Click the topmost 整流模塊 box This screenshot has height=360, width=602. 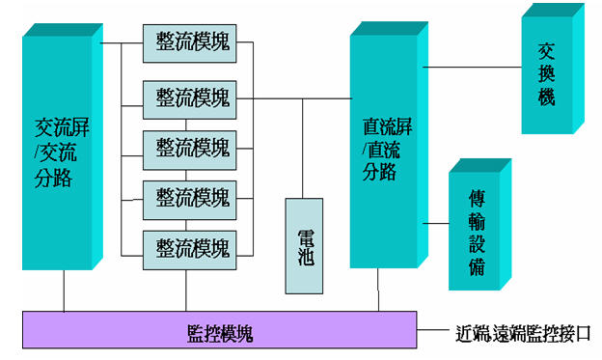(191, 44)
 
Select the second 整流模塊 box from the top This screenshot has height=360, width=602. (191, 97)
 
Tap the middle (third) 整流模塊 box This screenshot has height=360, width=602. (191, 148)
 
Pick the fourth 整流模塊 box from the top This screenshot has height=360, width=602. (191, 198)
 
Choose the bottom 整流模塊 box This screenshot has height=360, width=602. (191, 248)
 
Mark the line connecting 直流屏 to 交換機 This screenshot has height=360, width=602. (471, 67)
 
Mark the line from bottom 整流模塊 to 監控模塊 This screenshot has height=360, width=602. (186, 289)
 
